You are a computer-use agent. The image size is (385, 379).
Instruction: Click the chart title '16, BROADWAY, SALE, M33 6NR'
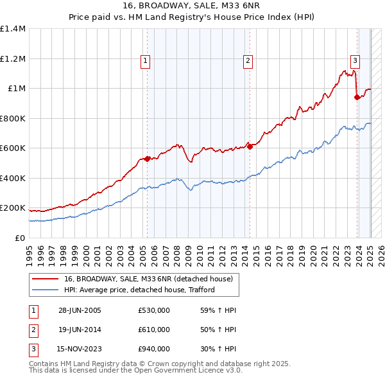193,8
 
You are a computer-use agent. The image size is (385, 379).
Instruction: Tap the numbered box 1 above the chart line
146,61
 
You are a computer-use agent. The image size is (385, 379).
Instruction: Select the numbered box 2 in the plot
248,61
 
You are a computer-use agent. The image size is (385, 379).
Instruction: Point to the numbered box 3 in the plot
355,61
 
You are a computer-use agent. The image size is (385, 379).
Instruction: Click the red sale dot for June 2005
147,159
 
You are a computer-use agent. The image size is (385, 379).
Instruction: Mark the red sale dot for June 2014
250,146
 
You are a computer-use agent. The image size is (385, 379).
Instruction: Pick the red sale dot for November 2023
357,98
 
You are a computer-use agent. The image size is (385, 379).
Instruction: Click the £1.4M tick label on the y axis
13,29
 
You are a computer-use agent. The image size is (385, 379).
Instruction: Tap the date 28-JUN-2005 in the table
80,310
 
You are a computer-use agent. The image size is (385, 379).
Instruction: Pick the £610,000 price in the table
154,330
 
